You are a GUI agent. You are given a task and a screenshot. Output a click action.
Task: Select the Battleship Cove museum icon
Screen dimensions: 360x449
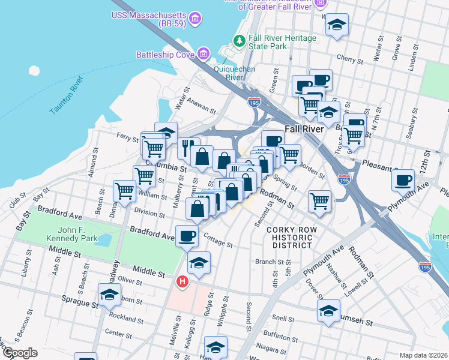(x=203, y=55)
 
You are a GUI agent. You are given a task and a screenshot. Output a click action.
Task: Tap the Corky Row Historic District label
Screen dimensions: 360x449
(x=290, y=238)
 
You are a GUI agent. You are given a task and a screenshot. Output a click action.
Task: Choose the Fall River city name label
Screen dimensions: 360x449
(x=304, y=129)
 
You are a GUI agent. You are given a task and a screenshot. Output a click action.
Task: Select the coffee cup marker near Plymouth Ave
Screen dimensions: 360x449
(x=403, y=179)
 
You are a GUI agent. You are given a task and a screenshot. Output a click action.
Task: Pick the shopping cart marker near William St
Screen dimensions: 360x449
(x=124, y=191)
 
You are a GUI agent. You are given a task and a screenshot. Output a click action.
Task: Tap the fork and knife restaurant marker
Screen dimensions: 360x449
(x=188, y=148)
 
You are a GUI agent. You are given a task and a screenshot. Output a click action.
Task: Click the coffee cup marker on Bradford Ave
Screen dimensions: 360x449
(x=187, y=236)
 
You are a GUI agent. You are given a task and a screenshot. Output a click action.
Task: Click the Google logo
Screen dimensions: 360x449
(x=19, y=353)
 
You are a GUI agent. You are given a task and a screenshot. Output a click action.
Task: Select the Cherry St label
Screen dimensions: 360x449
(x=347, y=58)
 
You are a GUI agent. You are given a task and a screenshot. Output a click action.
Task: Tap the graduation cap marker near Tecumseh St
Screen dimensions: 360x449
(x=328, y=311)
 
